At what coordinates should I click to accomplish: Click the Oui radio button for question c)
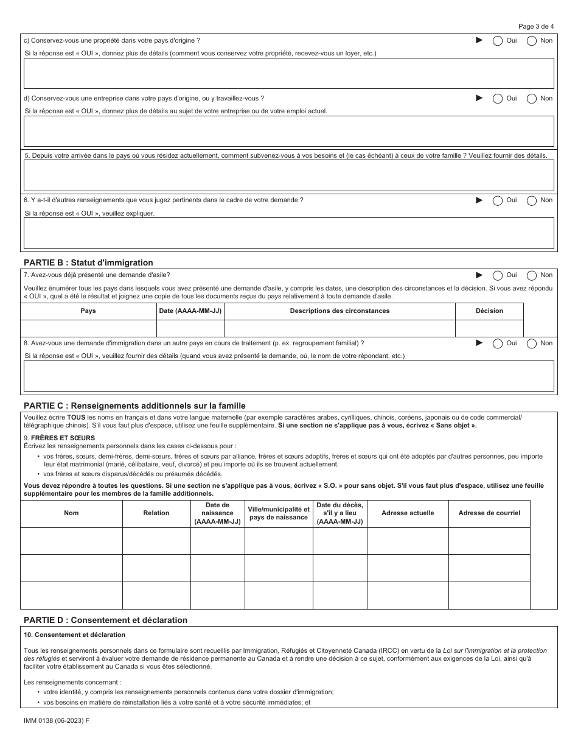498,41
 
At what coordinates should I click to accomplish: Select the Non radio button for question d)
532,98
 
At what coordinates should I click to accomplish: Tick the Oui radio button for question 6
498,200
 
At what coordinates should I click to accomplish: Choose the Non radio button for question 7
532,275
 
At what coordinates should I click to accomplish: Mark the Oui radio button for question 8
498,343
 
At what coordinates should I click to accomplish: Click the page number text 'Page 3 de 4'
536,26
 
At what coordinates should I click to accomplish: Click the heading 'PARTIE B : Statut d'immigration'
88,262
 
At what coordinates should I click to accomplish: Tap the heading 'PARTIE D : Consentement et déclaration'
105,620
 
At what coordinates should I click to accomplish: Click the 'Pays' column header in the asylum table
88,311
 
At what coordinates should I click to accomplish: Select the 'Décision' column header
489,311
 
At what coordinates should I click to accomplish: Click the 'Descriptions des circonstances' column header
339,311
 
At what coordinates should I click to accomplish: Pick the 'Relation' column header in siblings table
156,513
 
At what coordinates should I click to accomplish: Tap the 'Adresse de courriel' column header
489,513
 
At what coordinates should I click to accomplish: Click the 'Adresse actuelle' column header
408,513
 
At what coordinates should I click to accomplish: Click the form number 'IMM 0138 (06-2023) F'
54,720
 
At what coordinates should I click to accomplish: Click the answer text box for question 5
288,175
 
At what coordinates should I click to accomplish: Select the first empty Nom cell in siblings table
71,541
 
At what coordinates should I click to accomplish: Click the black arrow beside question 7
479,275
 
